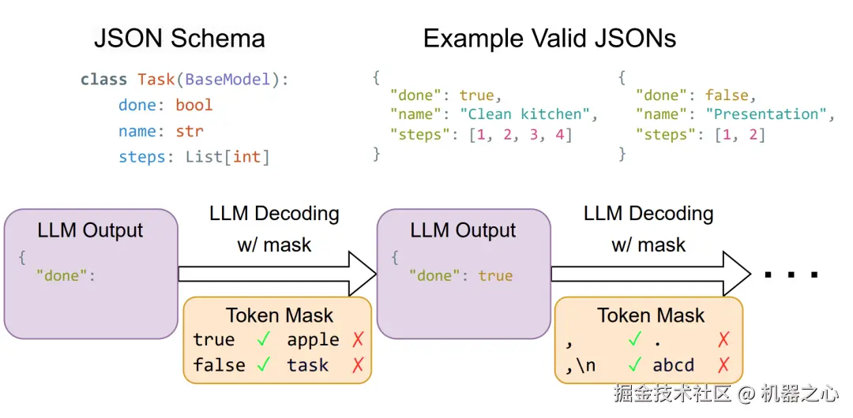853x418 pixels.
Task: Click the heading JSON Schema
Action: [x=179, y=39]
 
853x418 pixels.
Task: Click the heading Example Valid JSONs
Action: [x=550, y=39]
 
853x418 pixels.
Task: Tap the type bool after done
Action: [x=194, y=105]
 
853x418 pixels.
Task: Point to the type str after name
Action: [x=190, y=131]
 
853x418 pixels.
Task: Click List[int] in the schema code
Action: [x=227, y=157]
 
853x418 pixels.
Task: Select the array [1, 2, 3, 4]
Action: [x=520, y=135]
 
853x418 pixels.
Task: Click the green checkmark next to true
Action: [x=264, y=340]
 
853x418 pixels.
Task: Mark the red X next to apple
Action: [x=358, y=340]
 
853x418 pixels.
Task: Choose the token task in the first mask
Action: [x=307, y=365]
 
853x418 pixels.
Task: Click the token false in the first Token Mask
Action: [x=219, y=365]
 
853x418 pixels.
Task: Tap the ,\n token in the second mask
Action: [x=581, y=365]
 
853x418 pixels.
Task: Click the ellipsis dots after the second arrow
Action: [x=791, y=275]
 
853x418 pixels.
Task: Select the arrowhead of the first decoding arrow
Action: [x=362, y=274]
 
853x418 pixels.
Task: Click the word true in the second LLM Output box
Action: [x=495, y=276]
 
